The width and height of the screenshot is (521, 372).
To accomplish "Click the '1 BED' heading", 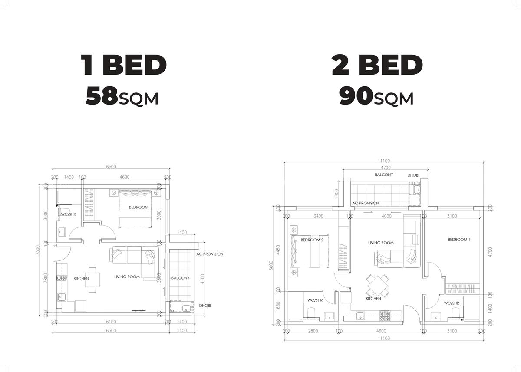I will point(124,66).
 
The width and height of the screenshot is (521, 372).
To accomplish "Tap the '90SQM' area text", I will point(376,97).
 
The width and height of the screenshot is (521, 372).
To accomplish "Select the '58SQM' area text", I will point(122,97).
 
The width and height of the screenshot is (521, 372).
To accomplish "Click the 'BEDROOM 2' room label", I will point(312,240).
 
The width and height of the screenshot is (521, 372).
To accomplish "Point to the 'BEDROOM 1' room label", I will point(459,240).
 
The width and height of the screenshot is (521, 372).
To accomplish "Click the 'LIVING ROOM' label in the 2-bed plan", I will point(381,243).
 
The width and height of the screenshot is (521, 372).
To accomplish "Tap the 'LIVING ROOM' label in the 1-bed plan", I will point(127,277).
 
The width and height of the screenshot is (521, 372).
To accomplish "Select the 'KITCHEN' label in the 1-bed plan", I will point(81,279).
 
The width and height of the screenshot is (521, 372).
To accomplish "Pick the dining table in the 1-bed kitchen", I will point(92,279).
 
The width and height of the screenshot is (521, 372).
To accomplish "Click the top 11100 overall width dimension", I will point(384,160).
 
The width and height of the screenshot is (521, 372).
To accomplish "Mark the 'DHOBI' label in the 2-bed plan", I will point(413,175).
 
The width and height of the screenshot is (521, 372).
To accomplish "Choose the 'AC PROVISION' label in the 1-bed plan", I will point(210,254).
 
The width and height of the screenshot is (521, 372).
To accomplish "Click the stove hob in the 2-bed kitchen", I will point(385,316).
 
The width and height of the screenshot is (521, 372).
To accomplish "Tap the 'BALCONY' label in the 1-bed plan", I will point(180,278).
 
